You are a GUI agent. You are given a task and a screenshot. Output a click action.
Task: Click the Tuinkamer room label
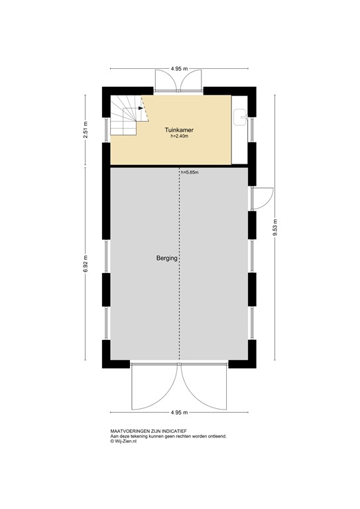179,130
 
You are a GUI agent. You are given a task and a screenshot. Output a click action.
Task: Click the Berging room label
167,258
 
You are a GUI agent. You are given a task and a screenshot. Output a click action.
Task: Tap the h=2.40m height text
179,137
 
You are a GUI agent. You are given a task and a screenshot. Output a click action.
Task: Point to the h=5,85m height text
190,172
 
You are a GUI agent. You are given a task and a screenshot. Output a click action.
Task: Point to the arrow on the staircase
141,109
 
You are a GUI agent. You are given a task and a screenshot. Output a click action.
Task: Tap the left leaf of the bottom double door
154,387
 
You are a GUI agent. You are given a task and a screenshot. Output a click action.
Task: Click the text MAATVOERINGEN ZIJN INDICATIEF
149,431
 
